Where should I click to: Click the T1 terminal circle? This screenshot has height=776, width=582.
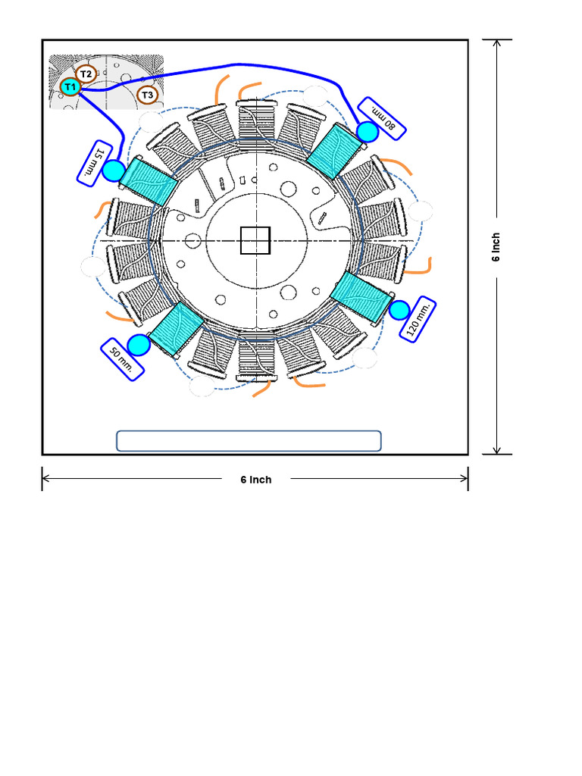[70, 87]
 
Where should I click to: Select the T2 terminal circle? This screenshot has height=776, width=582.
[86, 74]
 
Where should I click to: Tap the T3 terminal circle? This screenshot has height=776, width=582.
[147, 95]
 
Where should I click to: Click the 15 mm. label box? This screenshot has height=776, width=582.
[95, 164]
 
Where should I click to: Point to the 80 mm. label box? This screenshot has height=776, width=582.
[382, 119]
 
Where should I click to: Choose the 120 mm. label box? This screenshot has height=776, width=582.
[418, 319]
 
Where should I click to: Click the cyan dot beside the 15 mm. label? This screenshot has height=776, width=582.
[114, 171]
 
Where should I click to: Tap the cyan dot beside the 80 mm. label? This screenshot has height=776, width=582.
[368, 132]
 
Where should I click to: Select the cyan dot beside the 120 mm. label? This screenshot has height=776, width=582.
[399, 310]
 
